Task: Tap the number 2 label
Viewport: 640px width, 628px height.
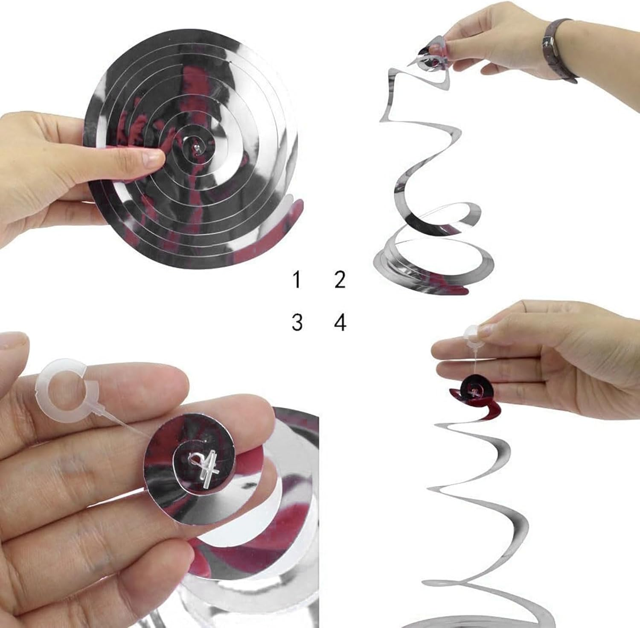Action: pyautogui.click(x=340, y=280)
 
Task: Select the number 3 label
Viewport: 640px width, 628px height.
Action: pyautogui.click(x=297, y=322)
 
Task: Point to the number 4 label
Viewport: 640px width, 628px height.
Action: pyautogui.click(x=340, y=322)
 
